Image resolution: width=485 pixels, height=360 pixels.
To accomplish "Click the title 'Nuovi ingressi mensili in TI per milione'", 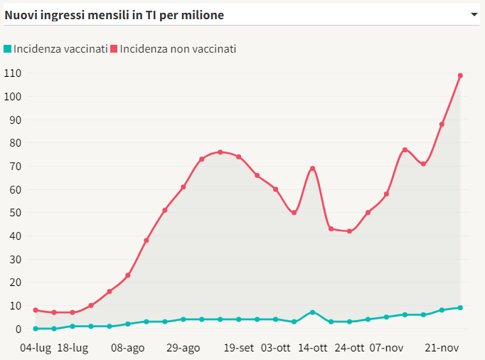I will pyautogui.click(x=114, y=14).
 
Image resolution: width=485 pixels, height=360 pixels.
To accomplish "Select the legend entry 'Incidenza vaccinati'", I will pyautogui.click(x=60, y=49).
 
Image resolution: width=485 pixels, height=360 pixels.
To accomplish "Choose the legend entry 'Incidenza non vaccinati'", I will pyautogui.click(x=177, y=49).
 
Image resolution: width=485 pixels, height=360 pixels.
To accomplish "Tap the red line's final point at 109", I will pyautogui.click(x=460, y=75).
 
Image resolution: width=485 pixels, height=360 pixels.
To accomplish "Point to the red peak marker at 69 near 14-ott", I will pyautogui.click(x=312, y=169).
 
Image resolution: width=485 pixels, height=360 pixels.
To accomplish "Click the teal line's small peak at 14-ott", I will pyautogui.click(x=312, y=312).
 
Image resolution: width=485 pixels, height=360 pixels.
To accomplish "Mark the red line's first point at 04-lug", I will pyautogui.click(x=36, y=310).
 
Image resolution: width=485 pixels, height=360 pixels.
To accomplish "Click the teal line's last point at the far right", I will pyautogui.click(x=460, y=307).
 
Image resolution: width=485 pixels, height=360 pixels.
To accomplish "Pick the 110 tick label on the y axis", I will pyautogui.click(x=12, y=73).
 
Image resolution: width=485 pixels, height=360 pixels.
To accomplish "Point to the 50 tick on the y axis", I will pyautogui.click(x=15, y=213).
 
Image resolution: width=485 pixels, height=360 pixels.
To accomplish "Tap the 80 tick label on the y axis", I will pyautogui.click(x=15, y=143).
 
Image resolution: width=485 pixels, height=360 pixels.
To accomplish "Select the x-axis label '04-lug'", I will pyautogui.click(x=36, y=348).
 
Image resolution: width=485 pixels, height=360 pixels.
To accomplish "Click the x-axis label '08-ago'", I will pyautogui.click(x=128, y=348).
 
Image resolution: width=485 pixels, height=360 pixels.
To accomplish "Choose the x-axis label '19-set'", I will pyautogui.click(x=239, y=348).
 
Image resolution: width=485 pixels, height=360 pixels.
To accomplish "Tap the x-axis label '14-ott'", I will pyautogui.click(x=312, y=348).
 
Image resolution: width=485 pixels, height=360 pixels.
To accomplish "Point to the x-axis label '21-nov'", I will pyautogui.click(x=442, y=348).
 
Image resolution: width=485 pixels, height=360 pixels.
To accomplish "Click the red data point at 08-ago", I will pyautogui.click(x=128, y=275).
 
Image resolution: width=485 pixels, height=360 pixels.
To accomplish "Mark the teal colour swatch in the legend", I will pyautogui.click(x=8, y=49).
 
